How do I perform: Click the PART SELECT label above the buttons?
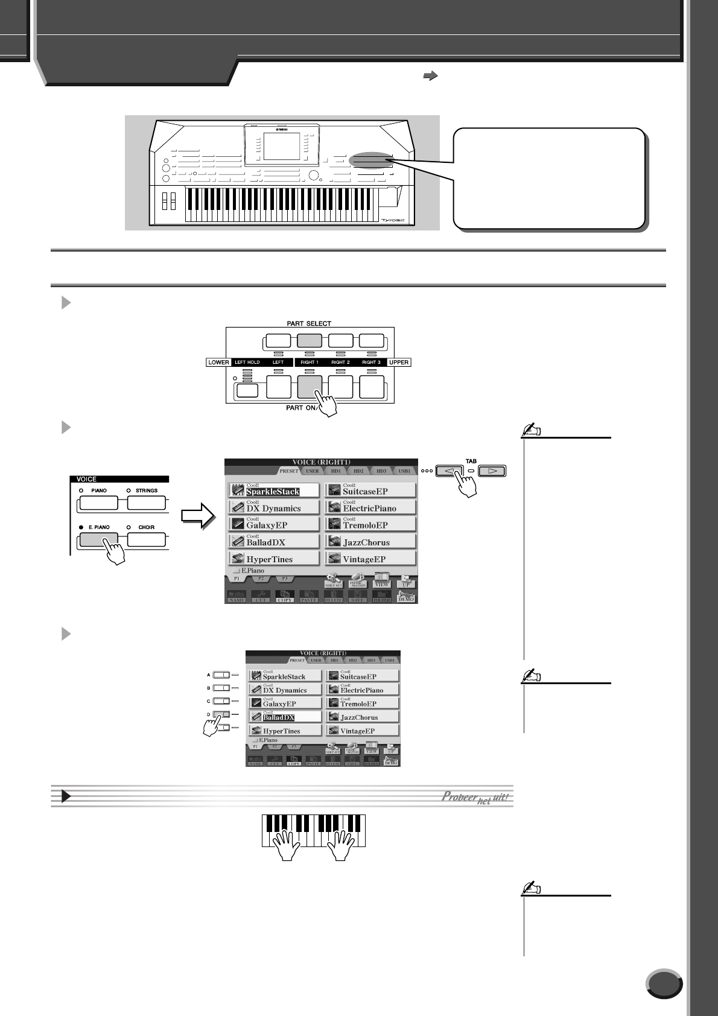tap(309, 324)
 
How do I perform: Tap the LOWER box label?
tap(218, 363)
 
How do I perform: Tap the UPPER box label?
tap(399, 363)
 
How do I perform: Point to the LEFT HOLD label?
tap(247, 363)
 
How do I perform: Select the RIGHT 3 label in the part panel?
tap(371, 363)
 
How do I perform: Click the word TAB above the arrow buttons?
tap(471, 461)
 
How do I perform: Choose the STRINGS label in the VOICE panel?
tap(146, 491)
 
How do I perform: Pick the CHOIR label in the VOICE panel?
tap(146, 527)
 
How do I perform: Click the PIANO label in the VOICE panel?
tap(99, 491)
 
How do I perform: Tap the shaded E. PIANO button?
tap(98, 539)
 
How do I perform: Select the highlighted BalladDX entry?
tap(278, 717)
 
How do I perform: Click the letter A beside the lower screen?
tap(209, 675)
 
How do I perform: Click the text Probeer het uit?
tap(476, 796)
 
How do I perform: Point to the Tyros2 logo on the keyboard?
tap(396, 221)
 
